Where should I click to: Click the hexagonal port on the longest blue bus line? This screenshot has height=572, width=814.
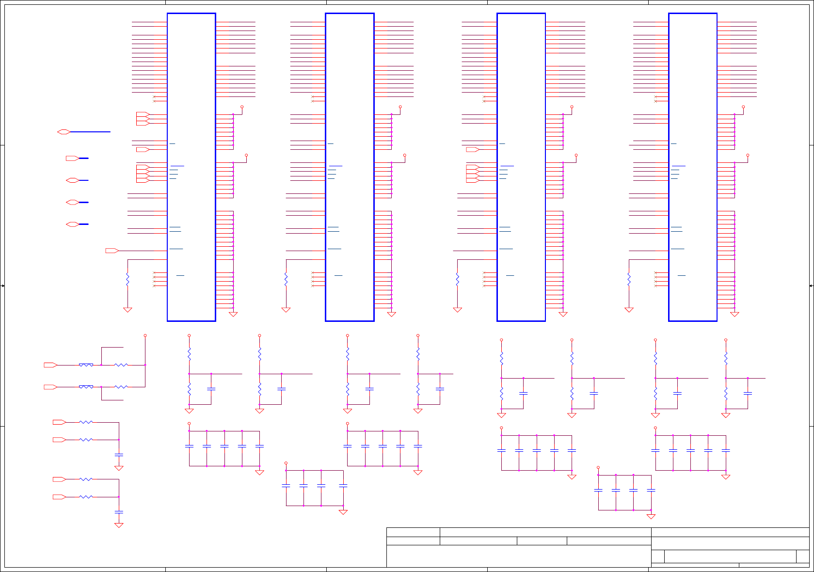point(64,132)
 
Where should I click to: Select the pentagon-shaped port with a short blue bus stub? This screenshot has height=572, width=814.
point(72,159)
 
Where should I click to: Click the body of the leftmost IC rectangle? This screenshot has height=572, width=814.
point(192,167)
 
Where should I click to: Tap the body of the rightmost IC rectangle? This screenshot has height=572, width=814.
point(693,167)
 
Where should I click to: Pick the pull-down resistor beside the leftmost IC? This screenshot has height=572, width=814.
point(128,280)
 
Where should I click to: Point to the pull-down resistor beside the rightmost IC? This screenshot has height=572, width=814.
point(629,280)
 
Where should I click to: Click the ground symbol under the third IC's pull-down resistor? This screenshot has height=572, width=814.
point(458,310)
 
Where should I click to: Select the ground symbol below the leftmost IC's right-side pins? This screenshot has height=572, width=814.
point(233,314)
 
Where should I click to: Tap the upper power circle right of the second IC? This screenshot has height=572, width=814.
point(400,107)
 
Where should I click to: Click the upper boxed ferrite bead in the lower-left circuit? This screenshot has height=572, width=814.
point(86,365)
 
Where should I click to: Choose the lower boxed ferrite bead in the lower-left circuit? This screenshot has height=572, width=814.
point(86,387)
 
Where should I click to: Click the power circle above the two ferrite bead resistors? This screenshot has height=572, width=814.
point(145,335)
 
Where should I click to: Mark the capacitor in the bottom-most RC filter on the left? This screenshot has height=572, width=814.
point(119,512)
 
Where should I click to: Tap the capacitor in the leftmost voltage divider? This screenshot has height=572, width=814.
point(211,389)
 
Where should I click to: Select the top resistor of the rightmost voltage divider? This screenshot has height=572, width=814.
point(726,358)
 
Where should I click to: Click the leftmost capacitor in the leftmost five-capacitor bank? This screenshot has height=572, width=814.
point(189,446)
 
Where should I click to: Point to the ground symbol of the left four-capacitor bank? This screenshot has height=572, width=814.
point(343,512)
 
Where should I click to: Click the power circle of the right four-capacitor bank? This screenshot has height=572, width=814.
point(598,468)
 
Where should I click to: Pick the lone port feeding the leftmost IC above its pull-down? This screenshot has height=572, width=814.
point(112,251)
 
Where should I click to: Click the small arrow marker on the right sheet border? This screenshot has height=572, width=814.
point(811,286)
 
